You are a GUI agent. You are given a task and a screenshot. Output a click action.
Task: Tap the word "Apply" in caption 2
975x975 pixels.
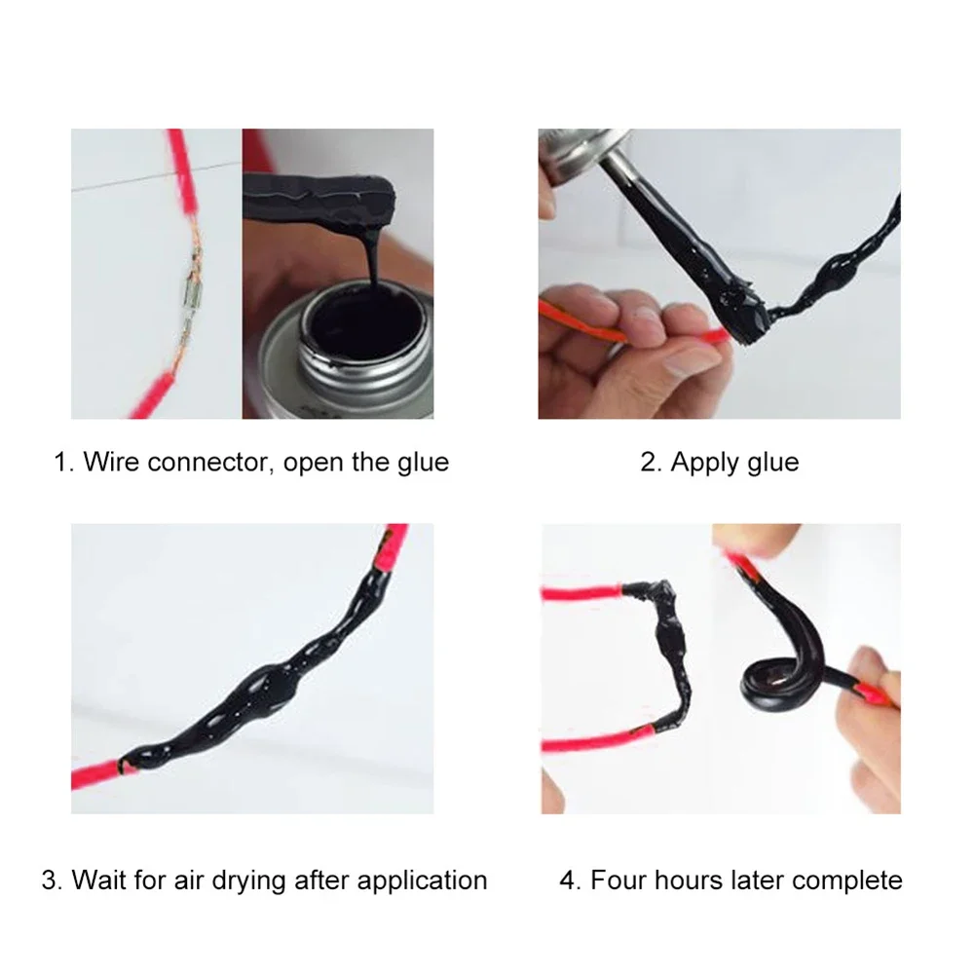702,462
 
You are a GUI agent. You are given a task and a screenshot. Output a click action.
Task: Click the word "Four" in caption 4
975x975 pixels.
619,881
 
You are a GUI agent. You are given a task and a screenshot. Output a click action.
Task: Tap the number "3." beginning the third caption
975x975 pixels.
53,881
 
